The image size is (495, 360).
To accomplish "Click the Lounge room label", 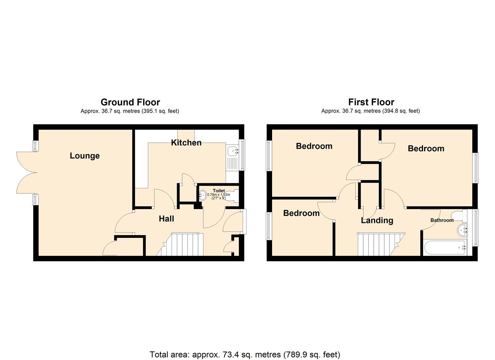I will (85, 156).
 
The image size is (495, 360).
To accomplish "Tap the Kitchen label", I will (186, 143).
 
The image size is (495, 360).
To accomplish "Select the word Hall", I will (166, 219).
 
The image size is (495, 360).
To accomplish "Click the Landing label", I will (377, 220).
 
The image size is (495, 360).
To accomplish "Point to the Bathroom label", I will (442, 220).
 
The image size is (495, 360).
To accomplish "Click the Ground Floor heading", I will (130, 102).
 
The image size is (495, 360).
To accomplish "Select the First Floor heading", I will (371, 102).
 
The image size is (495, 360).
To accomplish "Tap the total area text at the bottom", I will (245, 354).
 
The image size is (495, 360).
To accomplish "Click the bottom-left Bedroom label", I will (301, 213).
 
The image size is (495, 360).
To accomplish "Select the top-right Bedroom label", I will (426, 149).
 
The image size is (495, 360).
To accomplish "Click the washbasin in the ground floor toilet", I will (202, 195).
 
